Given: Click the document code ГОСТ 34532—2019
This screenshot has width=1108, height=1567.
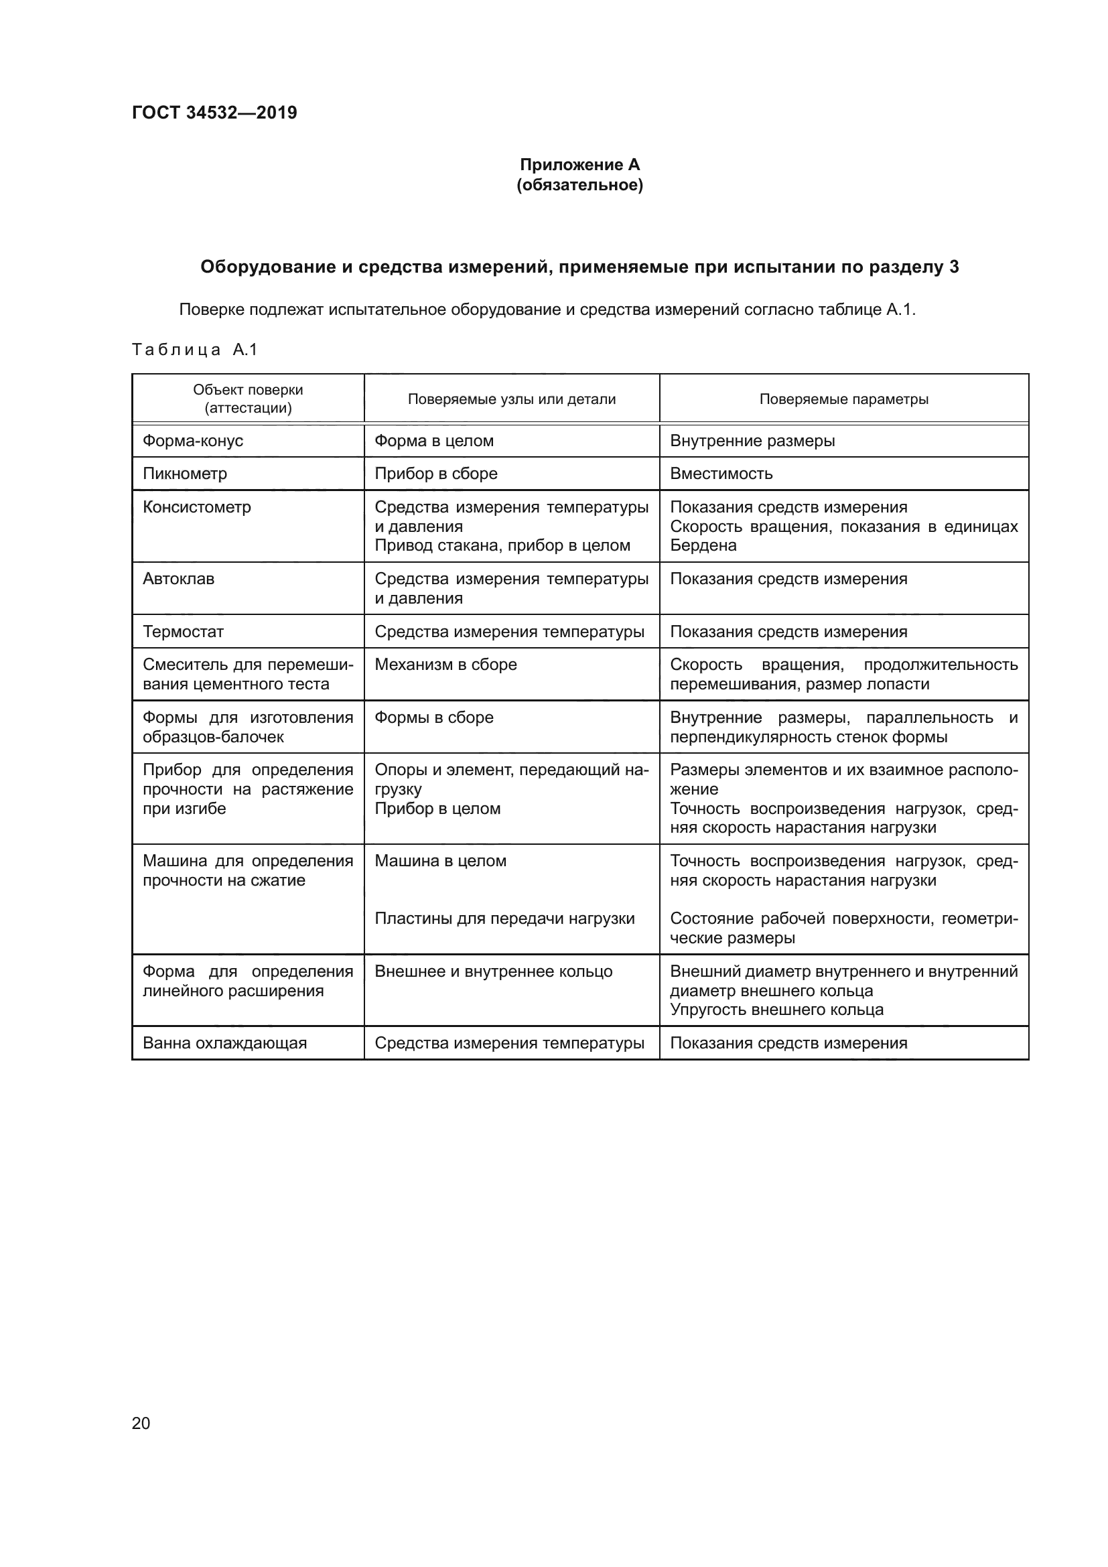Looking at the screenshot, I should [214, 113].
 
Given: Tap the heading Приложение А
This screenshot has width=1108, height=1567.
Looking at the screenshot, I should [579, 165].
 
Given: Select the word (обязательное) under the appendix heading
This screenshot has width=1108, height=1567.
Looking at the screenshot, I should [579, 185].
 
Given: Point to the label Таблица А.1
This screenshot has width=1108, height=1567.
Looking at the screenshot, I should [194, 350].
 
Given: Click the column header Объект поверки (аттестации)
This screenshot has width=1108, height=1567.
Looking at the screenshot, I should [248, 399].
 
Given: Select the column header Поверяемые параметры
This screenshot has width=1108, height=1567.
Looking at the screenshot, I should [843, 399].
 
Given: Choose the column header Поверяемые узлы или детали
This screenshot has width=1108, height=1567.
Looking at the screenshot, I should [511, 399].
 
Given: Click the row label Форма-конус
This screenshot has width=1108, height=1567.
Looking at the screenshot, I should [193, 440].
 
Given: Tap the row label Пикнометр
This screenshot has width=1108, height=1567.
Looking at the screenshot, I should [185, 473].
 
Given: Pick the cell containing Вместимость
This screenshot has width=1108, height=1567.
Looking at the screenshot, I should [721, 473].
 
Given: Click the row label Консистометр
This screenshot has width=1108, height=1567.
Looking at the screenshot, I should [196, 506].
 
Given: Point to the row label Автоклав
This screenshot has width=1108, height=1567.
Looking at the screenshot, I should [178, 578].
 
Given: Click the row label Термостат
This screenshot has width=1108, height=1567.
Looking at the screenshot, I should [183, 631].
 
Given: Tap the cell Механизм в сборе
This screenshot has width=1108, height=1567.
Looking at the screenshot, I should [445, 664].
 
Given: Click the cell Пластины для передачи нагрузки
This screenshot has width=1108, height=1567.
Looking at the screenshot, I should [504, 918].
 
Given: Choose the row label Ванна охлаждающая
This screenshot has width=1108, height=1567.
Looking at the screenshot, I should [224, 1042].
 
